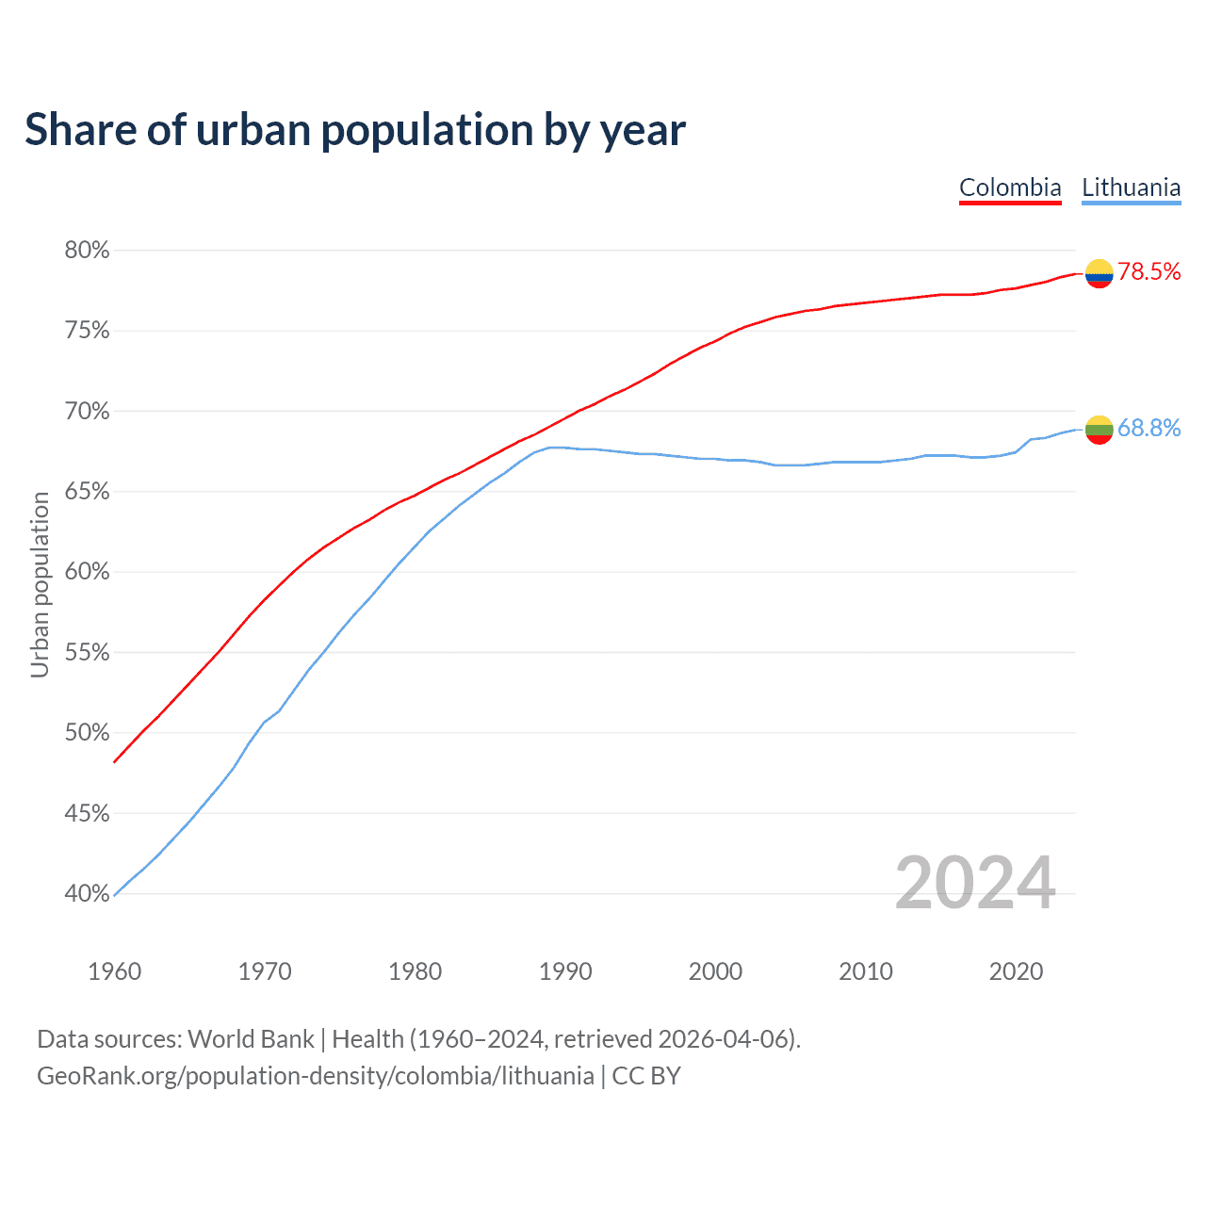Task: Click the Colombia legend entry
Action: coord(1010,187)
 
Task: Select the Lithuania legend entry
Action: coord(1131,187)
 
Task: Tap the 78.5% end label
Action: coord(1149,272)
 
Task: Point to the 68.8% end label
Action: coord(1149,429)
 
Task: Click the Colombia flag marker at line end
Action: coord(1099,273)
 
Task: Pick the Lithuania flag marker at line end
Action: coord(1099,430)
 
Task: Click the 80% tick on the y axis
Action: coord(87,251)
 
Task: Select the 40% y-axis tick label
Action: coord(87,894)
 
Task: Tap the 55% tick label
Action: coord(87,653)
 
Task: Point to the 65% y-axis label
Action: coord(87,492)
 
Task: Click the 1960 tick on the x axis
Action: coord(114,971)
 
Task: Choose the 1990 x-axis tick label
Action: coord(565,971)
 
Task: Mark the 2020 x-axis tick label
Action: coord(1016,971)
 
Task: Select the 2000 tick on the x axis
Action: coord(715,971)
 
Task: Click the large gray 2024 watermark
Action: coord(975,883)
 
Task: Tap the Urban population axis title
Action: coord(40,584)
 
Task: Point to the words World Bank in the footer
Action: coord(251,1039)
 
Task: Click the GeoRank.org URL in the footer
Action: coord(316,1076)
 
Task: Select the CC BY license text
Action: coord(646,1076)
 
